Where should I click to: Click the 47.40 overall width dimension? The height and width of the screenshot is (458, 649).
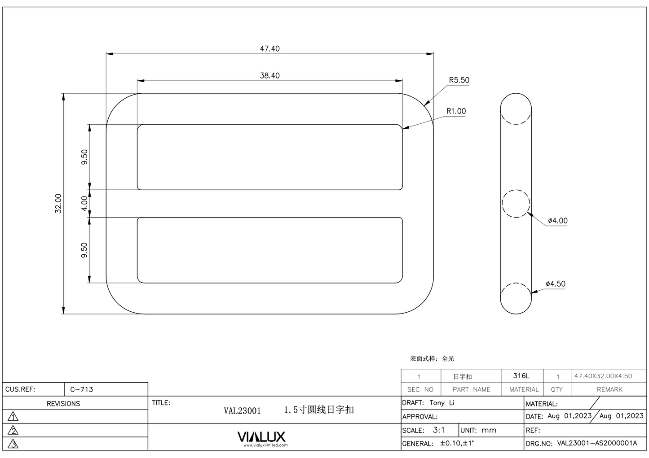click(269, 48)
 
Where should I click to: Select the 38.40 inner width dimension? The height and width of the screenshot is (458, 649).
click(269, 75)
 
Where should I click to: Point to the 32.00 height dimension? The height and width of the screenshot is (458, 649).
click(58, 203)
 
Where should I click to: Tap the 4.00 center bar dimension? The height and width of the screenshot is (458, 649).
click(84, 204)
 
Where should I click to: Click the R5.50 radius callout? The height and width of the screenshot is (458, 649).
click(459, 80)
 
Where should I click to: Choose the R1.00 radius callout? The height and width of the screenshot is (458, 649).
click(456, 111)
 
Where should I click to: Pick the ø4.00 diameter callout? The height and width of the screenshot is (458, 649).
click(557, 221)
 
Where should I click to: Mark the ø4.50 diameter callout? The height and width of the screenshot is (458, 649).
click(556, 284)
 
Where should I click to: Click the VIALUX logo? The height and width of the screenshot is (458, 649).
click(261, 437)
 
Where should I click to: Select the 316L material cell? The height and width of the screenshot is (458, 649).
click(521, 376)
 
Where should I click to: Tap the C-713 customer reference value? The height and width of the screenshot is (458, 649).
click(82, 389)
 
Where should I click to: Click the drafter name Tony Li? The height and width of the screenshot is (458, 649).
click(442, 403)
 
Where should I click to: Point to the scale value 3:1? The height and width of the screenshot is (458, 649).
click(439, 430)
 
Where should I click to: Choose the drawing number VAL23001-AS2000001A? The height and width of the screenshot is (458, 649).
click(597, 443)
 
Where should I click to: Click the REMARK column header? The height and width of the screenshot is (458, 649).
click(609, 389)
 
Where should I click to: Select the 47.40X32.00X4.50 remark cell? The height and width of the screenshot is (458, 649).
click(603, 376)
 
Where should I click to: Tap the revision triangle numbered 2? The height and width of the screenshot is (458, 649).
click(13, 431)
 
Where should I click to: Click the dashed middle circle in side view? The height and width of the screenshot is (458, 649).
click(516, 204)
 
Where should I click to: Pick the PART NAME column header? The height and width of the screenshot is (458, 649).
click(471, 389)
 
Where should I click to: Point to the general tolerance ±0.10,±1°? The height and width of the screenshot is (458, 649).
click(457, 443)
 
